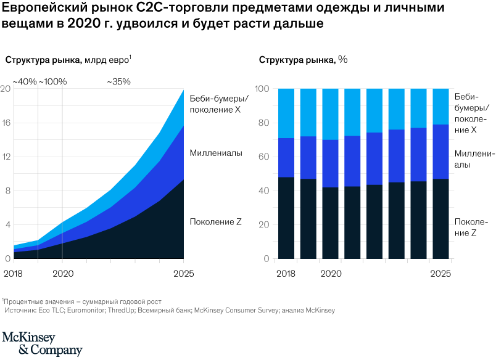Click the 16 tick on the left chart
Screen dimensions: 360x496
click(6, 123)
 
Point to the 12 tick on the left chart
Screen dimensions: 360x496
click(6, 157)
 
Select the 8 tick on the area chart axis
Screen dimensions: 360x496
click(7, 191)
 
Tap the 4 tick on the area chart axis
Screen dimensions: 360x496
click(7, 225)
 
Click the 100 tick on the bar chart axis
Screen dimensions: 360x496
click(262, 89)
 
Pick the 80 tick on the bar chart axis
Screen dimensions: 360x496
click(263, 123)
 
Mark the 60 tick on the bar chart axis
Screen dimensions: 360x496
click(263, 157)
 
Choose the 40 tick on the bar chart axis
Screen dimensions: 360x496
click(263, 191)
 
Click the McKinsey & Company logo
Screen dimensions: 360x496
click(42, 344)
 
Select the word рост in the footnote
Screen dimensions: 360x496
click(154, 302)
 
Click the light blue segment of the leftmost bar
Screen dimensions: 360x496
click(286, 113)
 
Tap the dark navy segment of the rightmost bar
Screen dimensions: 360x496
click(440, 218)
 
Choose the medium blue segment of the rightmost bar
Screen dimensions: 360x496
click(440, 152)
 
